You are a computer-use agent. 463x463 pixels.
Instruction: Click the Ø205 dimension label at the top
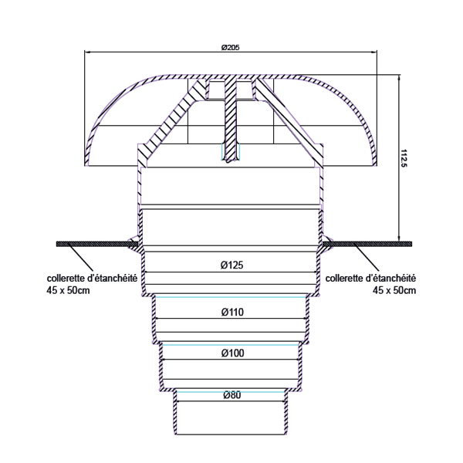click(230, 47)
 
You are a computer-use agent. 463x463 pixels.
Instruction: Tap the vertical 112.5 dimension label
click(405, 158)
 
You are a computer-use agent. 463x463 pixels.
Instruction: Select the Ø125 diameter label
click(231, 265)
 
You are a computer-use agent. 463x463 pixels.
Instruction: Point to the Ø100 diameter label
click(231, 353)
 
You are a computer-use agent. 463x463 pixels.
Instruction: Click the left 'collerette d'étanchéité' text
click(92, 279)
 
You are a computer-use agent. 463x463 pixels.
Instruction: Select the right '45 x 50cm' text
click(394, 290)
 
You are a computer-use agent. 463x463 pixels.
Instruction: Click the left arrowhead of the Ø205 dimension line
click(86, 52)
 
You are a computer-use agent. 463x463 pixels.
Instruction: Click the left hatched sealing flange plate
click(93, 244)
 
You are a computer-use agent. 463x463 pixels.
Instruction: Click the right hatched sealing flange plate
click(370, 244)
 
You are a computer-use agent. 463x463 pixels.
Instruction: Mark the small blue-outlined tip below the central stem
click(231, 151)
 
